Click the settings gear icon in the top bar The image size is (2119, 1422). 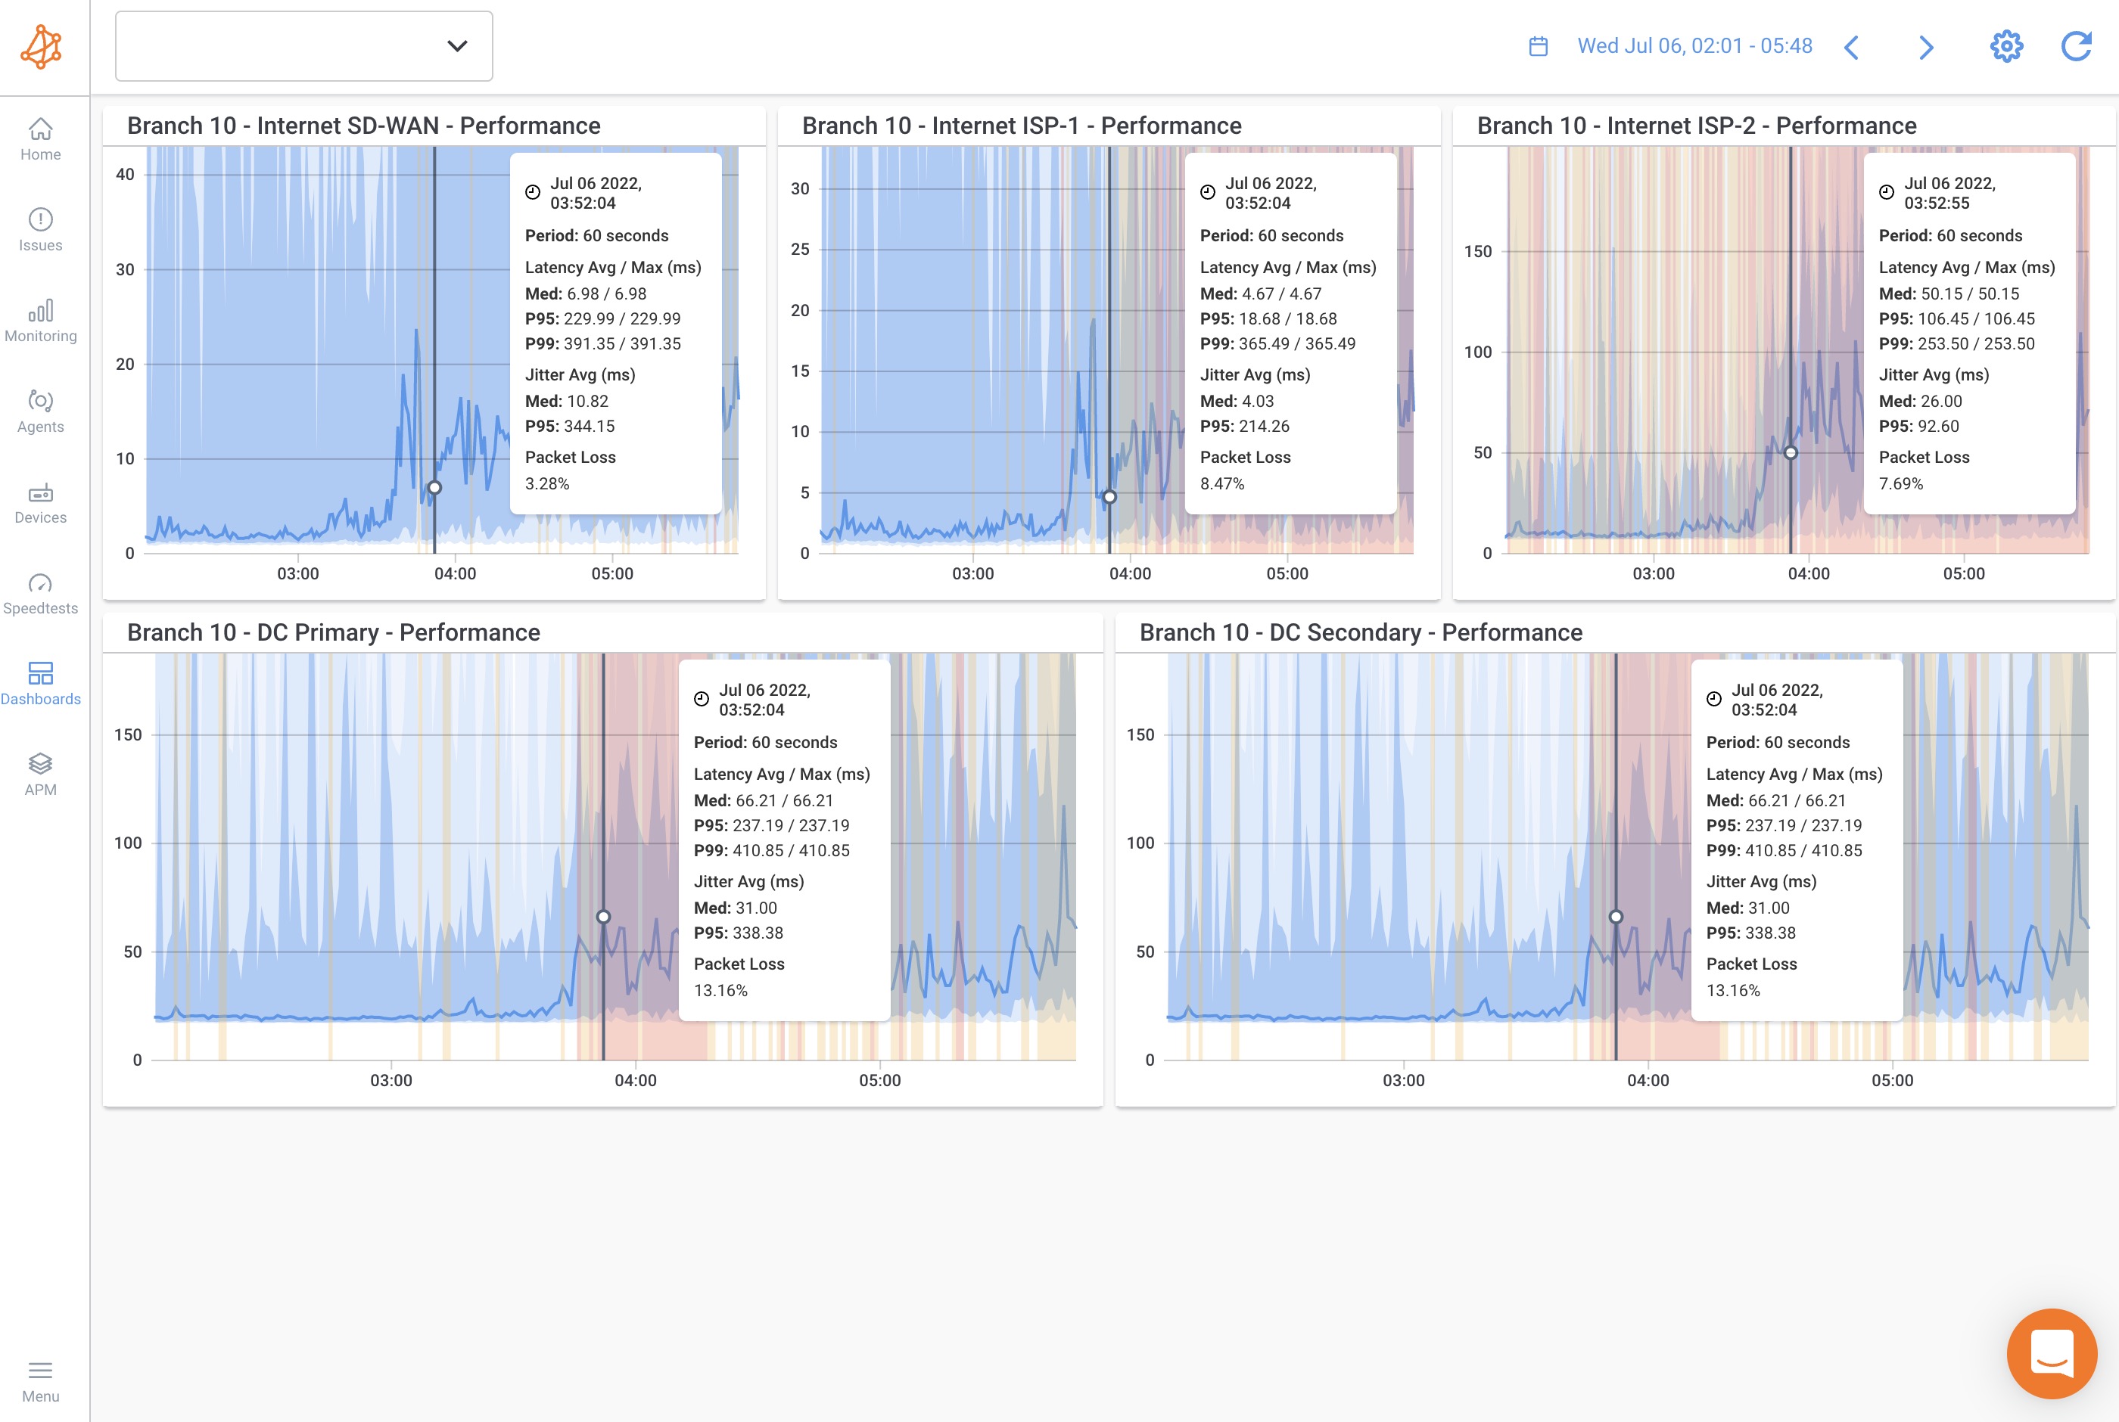click(x=2005, y=46)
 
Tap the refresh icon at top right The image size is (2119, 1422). click(x=2075, y=46)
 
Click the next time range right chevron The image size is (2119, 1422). click(x=1927, y=47)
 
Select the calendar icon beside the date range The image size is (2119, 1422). click(x=1539, y=46)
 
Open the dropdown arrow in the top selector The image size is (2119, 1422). click(x=457, y=46)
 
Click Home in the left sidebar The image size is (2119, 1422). click(x=41, y=138)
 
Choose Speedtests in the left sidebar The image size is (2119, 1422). click(x=41, y=593)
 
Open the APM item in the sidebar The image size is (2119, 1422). click(x=41, y=775)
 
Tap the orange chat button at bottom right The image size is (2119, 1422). click(x=2052, y=1353)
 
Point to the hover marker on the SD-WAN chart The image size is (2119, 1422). click(x=434, y=488)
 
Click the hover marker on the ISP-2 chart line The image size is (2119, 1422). click(x=1791, y=452)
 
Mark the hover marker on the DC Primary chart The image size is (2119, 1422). click(x=603, y=917)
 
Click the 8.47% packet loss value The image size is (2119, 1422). click(x=1222, y=483)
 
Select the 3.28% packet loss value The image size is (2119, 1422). click(x=547, y=483)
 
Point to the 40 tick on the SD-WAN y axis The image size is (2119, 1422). click(x=125, y=174)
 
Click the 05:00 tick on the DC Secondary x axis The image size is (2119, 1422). click(x=1892, y=1080)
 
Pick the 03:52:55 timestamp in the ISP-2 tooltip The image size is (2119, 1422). click(x=1936, y=203)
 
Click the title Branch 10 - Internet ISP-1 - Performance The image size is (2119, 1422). click(x=1022, y=125)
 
